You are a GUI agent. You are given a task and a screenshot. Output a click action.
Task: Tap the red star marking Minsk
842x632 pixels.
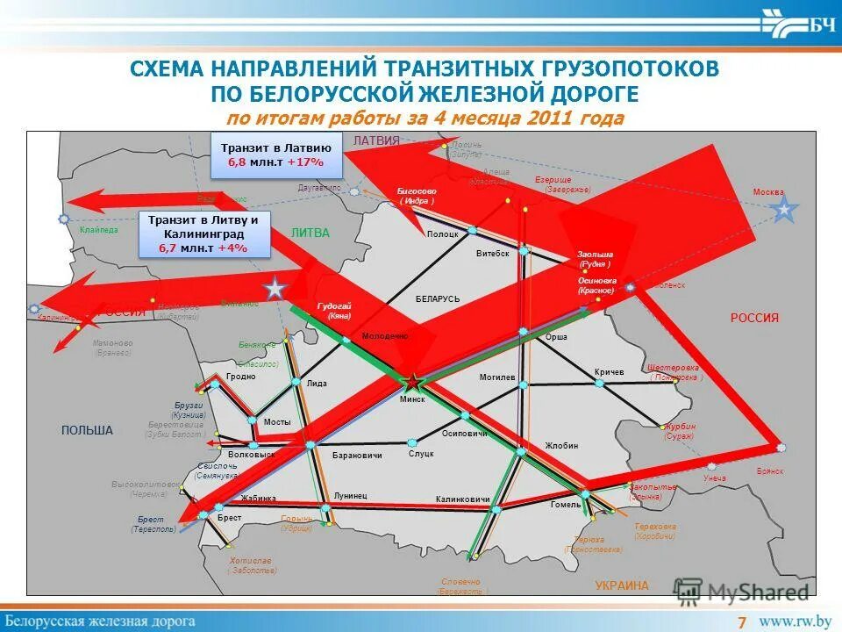pos(410,382)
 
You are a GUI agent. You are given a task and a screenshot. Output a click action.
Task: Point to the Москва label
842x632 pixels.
pos(768,192)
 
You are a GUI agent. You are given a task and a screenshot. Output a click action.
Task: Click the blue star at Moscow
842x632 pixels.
pos(783,209)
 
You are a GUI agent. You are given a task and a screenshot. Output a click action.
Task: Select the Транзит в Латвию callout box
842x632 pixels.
pos(275,155)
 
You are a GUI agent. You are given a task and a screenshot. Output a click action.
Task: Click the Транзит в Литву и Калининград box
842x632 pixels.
pos(203,234)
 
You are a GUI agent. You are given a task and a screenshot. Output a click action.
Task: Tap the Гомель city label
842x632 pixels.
pos(566,505)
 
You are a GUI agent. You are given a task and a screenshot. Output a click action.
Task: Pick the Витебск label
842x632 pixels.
pos(492,253)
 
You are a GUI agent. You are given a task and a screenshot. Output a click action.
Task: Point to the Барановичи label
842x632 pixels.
pos(358,456)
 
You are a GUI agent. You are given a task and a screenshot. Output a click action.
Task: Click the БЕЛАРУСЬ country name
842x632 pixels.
pos(438,299)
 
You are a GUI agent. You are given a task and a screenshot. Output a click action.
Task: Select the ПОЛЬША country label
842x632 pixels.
pos(87,430)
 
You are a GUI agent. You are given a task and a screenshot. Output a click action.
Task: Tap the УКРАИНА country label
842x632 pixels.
pos(621,585)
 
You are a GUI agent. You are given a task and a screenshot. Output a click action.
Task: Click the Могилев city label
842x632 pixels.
pos(496,377)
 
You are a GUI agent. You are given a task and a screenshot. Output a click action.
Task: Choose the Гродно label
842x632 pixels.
pos(240,377)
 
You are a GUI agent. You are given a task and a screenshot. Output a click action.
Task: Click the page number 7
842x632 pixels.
pos(742,622)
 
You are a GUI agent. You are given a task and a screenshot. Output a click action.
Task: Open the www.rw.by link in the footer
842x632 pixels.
pos(795,621)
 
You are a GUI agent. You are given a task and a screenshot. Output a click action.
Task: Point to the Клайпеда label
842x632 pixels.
pos(98,230)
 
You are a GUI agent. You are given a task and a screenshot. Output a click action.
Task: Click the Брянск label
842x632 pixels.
pos(770,471)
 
